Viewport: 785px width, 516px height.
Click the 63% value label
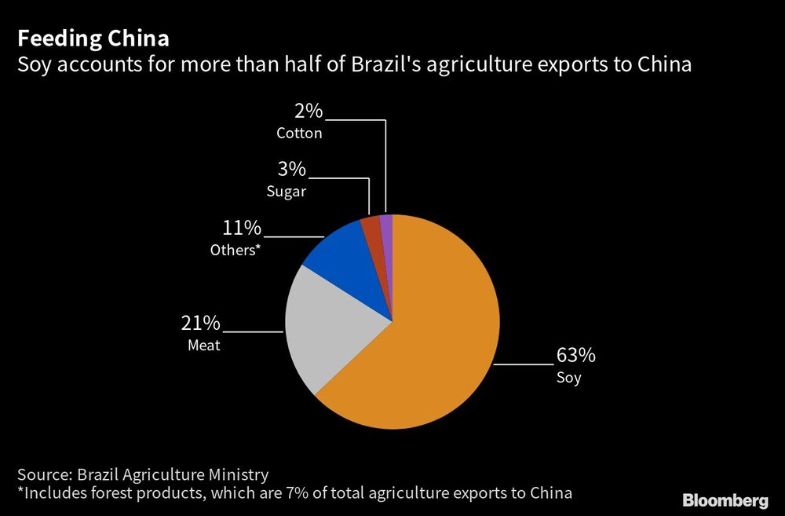[576, 356]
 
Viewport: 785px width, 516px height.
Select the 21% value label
[202, 324]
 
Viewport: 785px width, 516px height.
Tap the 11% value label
[243, 229]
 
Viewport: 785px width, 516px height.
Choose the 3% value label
[291, 170]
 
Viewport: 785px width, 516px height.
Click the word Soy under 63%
[568, 378]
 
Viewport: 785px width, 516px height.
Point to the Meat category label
[203, 346]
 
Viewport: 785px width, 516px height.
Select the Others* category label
[234, 251]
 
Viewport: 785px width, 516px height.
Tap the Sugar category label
[286, 192]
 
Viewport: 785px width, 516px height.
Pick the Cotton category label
[299, 134]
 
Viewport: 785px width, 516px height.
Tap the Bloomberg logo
[725, 500]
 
